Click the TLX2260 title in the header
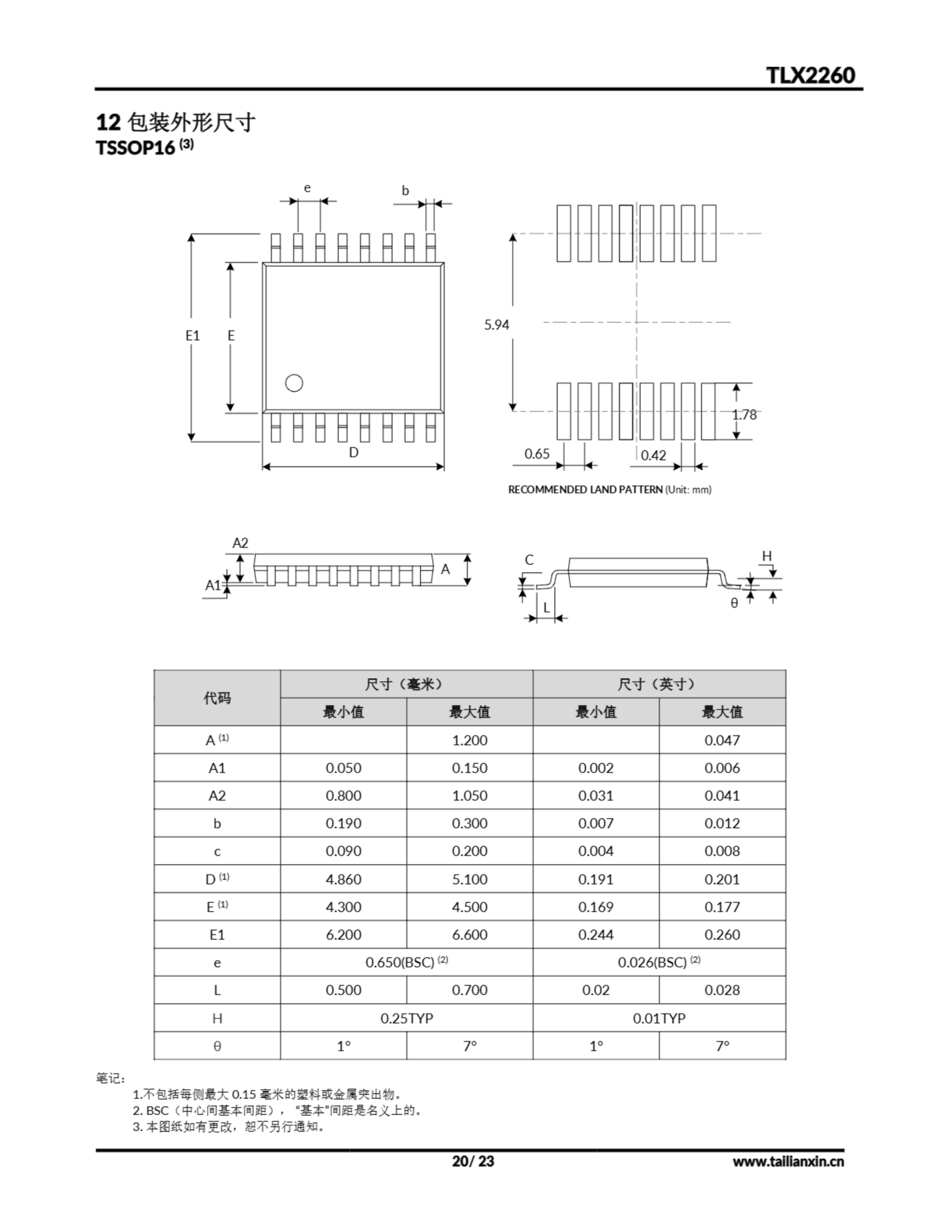[x=810, y=75]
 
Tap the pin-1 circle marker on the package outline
[x=294, y=383]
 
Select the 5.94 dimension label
[x=497, y=324]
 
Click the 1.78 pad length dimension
[x=744, y=415]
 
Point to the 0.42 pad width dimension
[x=653, y=455]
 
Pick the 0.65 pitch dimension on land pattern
[x=537, y=454]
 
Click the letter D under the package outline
[x=353, y=453]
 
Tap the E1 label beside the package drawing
[x=192, y=336]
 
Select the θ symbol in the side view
[x=734, y=603]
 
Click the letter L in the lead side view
[x=546, y=608]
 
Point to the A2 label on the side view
[x=240, y=543]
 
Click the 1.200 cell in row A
[x=469, y=740]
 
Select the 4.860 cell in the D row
[x=343, y=879]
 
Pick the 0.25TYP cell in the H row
[x=406, y=1018]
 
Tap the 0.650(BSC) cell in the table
[x=406, y=962]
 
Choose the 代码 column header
[x=217, y=698]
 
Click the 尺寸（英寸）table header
[x=659, y=684]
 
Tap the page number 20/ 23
[x=472, y=1161]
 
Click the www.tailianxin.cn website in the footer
[x=788, y=1161]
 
